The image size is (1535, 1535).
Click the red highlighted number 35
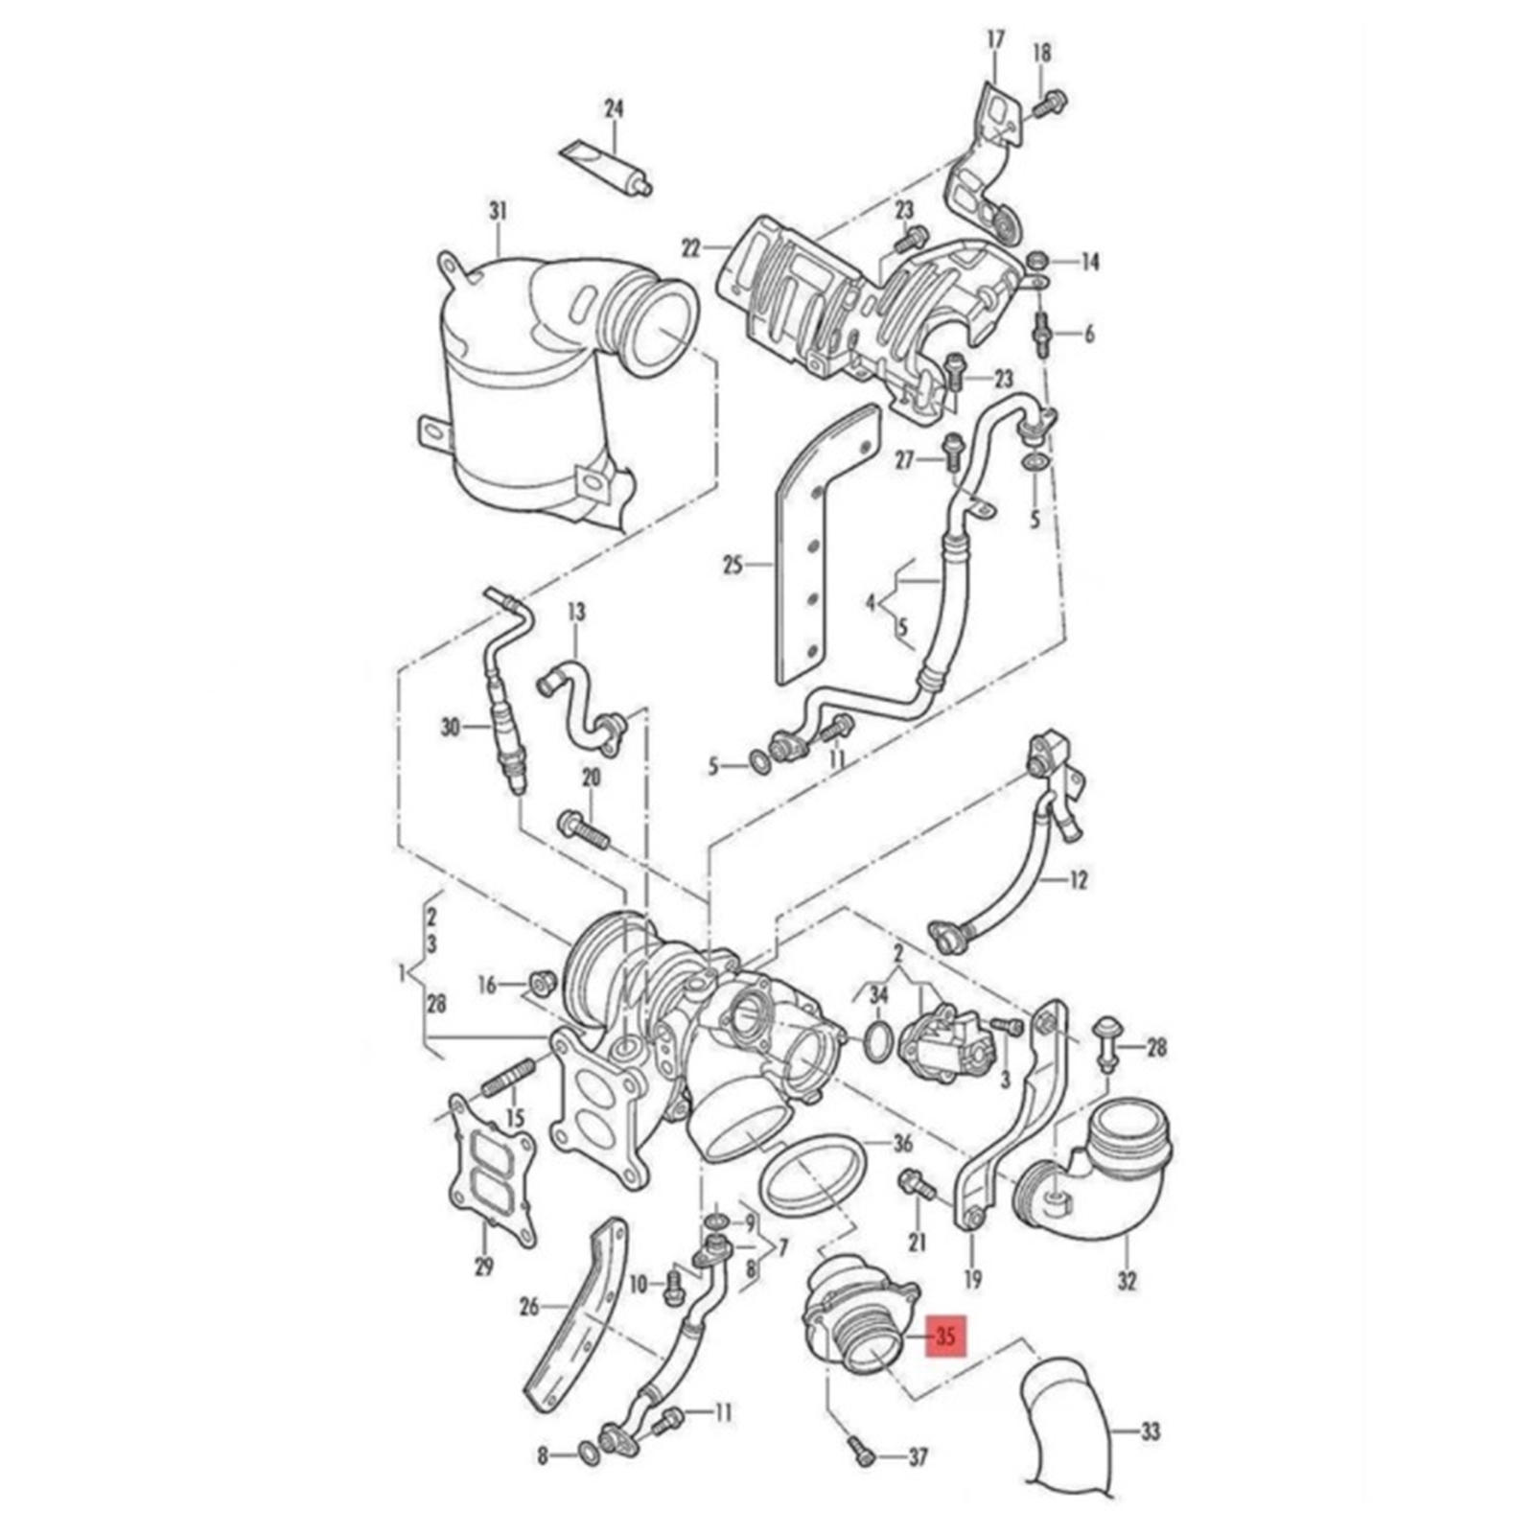click(x=945, y=1336)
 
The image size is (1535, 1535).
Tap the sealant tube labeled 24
click(x=606, y=165)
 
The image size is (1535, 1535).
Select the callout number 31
click(x=498, y=209)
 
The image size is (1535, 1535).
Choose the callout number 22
click(x=692, y=247)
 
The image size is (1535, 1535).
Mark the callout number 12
click(x=1079, y=879)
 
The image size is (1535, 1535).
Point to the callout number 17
click(x=996, y=39)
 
